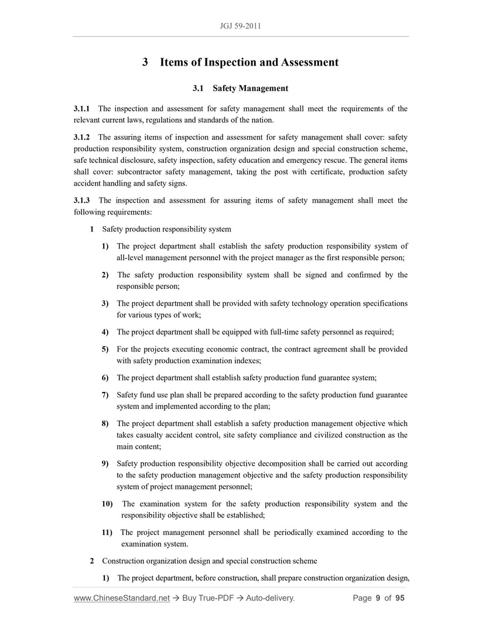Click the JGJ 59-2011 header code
point(241,26)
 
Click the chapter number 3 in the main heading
point(145,62)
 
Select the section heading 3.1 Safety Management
point(241,88)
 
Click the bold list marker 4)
point(105,332)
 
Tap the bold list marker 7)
point(105,395)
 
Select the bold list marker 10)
point(107,504)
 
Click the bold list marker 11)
point(107,533)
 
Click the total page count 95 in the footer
point(400,598)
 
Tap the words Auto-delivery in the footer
point(269,598)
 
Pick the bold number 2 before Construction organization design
point(92,561)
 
